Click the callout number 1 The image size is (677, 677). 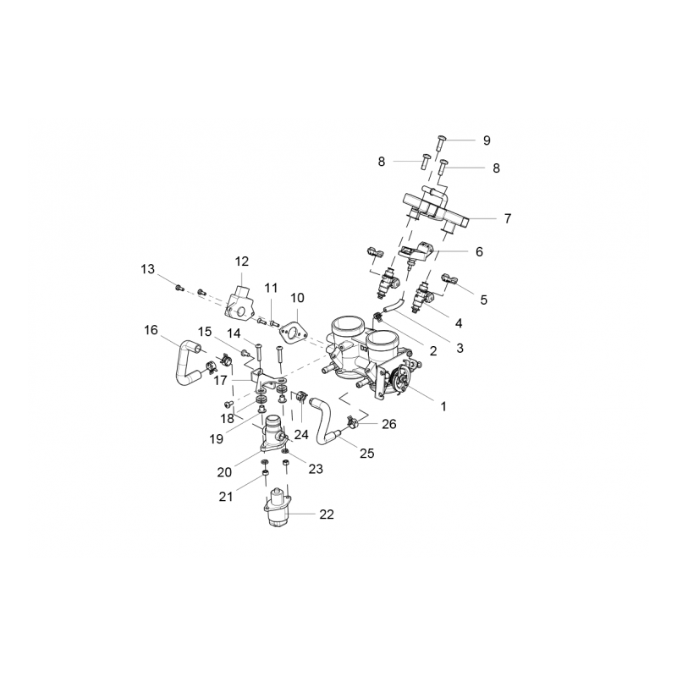coord(443,406)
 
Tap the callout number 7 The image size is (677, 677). coord(507,218)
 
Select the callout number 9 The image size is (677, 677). coord(487,140)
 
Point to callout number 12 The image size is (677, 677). coord(242,261)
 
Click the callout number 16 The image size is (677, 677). coord(151,330)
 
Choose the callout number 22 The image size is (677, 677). coord(327,514)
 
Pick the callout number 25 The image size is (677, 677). coord(366,454)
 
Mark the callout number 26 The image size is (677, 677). coord(388,424)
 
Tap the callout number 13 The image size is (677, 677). coord(148,269)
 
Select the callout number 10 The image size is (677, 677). coord(297,298)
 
